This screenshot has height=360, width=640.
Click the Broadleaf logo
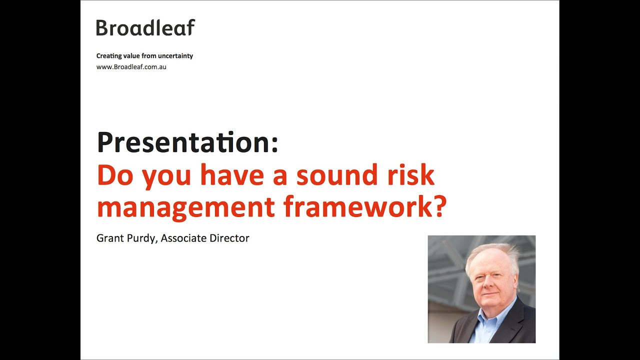point(145,28)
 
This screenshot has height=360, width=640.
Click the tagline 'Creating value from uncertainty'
point(144,56)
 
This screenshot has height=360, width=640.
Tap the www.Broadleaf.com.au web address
point(131,67)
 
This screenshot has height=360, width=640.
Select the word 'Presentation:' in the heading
point(187,142)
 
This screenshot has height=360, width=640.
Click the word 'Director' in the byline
point(229,238)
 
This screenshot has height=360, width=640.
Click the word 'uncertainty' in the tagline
point(176,56)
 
